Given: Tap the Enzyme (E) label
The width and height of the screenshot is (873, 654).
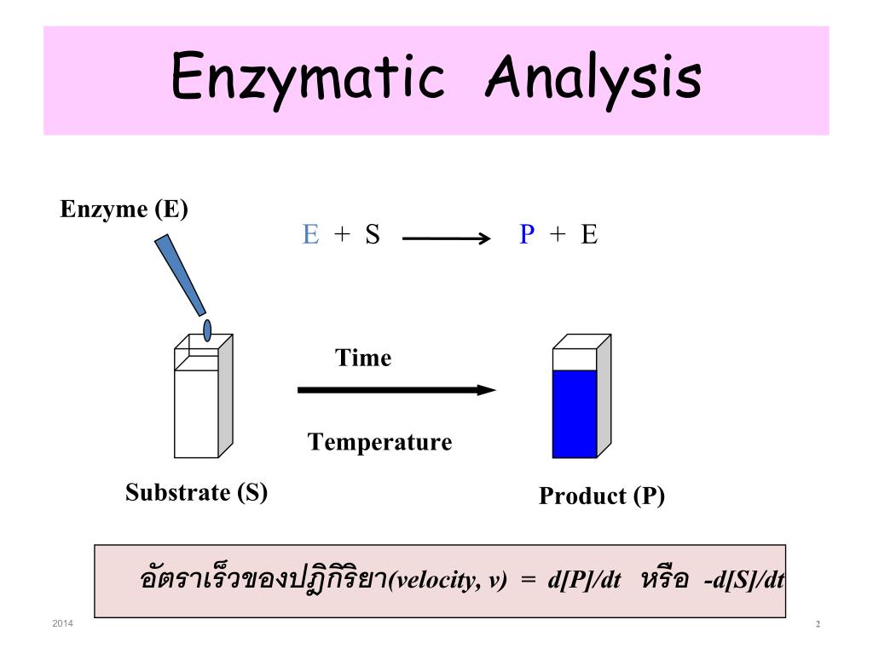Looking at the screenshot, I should [x=124, y=209].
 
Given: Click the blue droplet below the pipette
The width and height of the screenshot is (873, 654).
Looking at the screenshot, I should [x=207, y=330].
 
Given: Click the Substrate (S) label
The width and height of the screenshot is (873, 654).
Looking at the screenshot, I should [x=197, y=492].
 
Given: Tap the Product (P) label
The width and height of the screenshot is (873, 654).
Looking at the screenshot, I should [x=601, y=496].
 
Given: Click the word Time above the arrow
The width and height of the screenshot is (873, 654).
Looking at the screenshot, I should [x=363, y=358].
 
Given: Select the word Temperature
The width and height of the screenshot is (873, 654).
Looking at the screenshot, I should [x=379, y=442].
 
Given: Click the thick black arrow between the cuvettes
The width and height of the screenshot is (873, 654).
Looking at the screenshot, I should [x=396, y=390].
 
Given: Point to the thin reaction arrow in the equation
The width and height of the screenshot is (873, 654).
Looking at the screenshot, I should [x=447, y=239].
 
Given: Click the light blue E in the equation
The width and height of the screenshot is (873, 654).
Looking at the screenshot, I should [x=310, y=235].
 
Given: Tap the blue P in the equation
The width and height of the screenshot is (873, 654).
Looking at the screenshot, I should [x=527, y=235].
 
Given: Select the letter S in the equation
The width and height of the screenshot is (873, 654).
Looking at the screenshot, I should [x=373, y=235].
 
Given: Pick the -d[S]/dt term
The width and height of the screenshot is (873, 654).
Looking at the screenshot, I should [x=744, y=580].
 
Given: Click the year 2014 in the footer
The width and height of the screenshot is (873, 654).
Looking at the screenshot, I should [x=63, y=624].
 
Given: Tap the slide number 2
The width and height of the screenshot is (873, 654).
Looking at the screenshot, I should [x=818, y=625].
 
